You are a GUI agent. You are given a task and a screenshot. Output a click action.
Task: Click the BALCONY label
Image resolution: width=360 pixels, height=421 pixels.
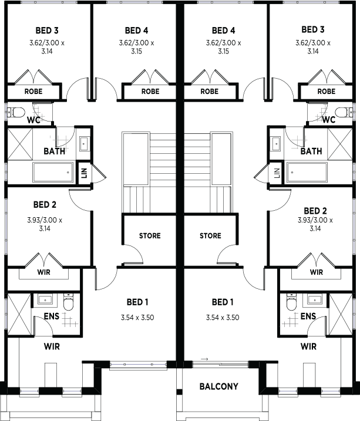tap(219, 386)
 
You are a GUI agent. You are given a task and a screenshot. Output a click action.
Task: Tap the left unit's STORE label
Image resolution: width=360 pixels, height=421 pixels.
tap(150, 235)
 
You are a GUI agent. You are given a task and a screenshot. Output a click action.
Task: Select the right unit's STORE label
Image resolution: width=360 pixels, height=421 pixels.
tap(210, 235)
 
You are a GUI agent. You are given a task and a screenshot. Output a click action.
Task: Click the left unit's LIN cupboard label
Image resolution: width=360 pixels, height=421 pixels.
tap(85, 173)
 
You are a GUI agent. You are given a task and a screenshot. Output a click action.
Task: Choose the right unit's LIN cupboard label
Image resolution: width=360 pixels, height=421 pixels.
tap(277, 173)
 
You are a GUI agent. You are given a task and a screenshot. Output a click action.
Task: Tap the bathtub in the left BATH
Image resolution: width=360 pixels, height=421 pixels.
tap(53, 173)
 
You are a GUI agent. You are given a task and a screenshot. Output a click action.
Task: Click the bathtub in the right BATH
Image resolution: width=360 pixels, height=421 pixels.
tap(307, 173)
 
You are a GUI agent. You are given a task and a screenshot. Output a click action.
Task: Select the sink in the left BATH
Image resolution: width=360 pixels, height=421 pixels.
tap(85, 144)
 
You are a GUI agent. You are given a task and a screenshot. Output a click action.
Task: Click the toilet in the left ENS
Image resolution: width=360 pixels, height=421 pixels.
tap(68, 302)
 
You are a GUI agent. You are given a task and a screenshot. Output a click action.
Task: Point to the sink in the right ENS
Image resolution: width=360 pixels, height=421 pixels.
tap(315, 299)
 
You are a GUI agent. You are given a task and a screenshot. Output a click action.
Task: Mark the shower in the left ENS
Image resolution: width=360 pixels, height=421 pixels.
tap(19, 314)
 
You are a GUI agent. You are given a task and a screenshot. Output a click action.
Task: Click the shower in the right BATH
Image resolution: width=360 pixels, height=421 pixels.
tap(340, 144)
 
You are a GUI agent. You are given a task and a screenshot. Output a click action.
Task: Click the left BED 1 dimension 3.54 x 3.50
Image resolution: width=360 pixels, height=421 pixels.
tap(137, 318)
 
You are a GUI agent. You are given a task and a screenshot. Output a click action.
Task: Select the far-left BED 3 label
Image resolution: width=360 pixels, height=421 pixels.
tap(47, 31)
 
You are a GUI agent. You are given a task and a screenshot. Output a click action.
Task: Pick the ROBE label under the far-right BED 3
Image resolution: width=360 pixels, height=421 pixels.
tap(327, 92)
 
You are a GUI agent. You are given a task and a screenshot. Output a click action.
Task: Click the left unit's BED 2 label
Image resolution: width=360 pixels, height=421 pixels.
tap(45, 204)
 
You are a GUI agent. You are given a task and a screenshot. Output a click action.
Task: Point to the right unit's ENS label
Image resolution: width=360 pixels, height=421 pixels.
tap(308, 316)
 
